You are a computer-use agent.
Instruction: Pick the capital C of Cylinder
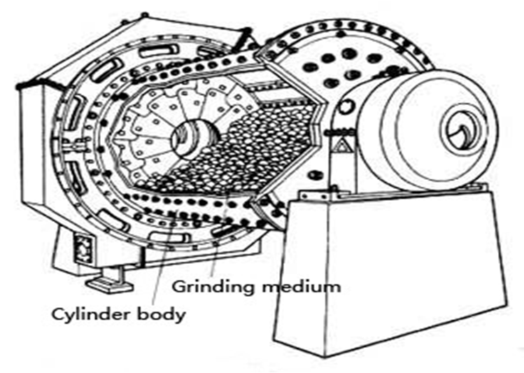(59, 314)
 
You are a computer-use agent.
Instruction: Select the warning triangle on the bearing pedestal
(343, 146)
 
